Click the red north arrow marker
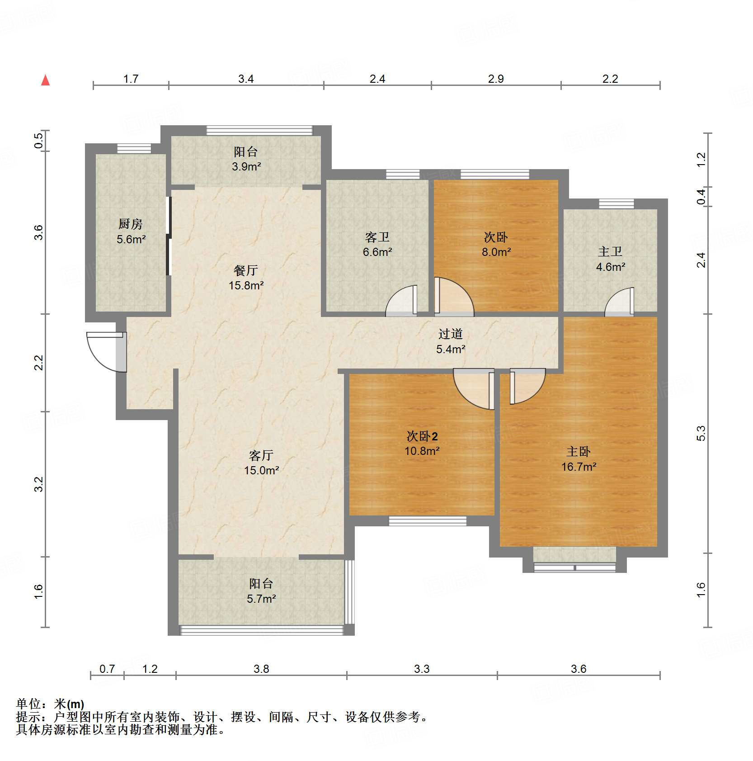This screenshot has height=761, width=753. pos(45,80)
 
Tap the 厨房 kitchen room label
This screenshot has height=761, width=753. pos(131,224)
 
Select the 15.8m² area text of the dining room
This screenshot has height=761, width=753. pos(246,286)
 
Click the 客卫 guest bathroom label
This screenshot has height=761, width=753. pos(377,237)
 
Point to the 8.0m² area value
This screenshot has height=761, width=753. pos(496,252)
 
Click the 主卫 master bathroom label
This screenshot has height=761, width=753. pos(610,251)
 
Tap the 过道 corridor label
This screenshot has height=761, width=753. pos(451,334)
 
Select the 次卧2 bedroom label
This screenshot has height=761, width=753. pos(422,436)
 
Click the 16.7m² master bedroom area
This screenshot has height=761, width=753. pos(579,467)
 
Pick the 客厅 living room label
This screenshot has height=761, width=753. pos(261,455)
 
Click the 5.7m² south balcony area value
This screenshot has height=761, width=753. pos(261,599)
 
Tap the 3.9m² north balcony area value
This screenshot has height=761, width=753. pos(246,167)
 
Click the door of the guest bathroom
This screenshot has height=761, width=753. pos(401,301)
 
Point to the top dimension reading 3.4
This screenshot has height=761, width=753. pos(246,79)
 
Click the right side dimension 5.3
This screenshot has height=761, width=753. pos(701,433)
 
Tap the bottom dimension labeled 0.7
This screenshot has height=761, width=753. pos(107,669)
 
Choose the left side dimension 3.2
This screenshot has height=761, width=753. pos(39,484)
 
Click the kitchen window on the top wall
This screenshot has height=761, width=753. pos(134,149)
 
